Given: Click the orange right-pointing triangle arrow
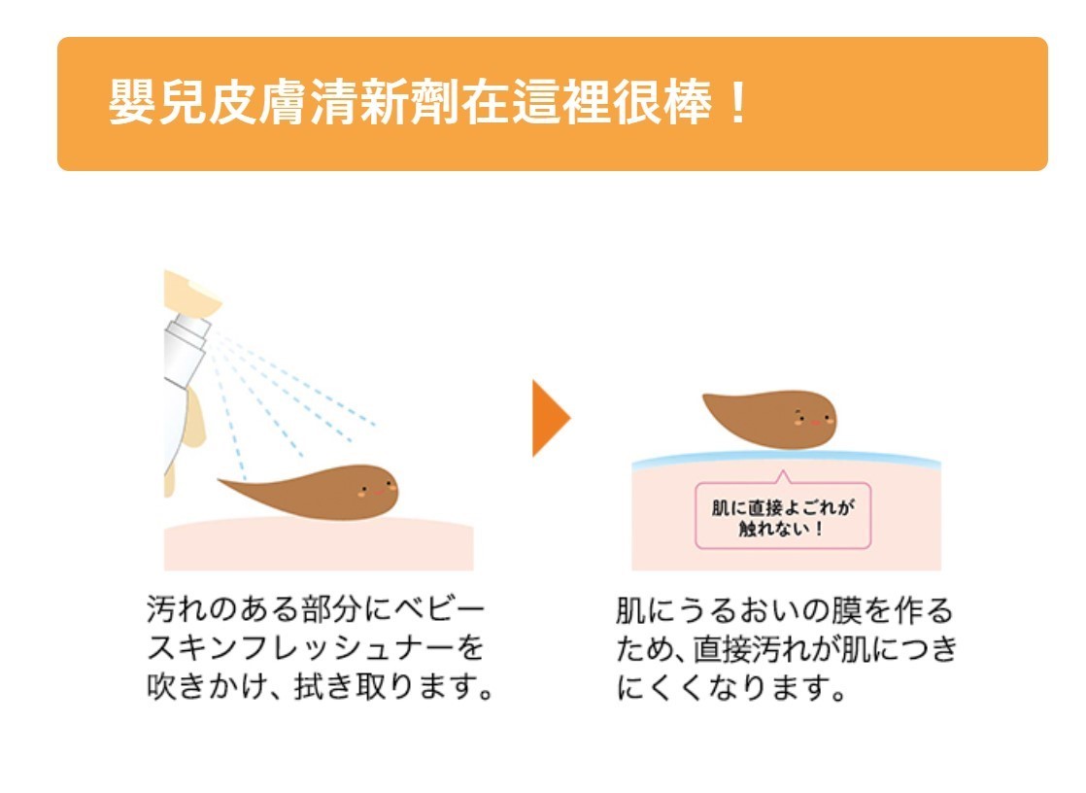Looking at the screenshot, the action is point(549,418).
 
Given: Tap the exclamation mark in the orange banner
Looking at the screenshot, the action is point(737,104).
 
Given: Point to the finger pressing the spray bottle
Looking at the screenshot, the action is point(191,293).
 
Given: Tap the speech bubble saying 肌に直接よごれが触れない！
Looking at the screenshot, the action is point(783,517).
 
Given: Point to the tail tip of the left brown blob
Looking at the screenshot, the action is point(222,479).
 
